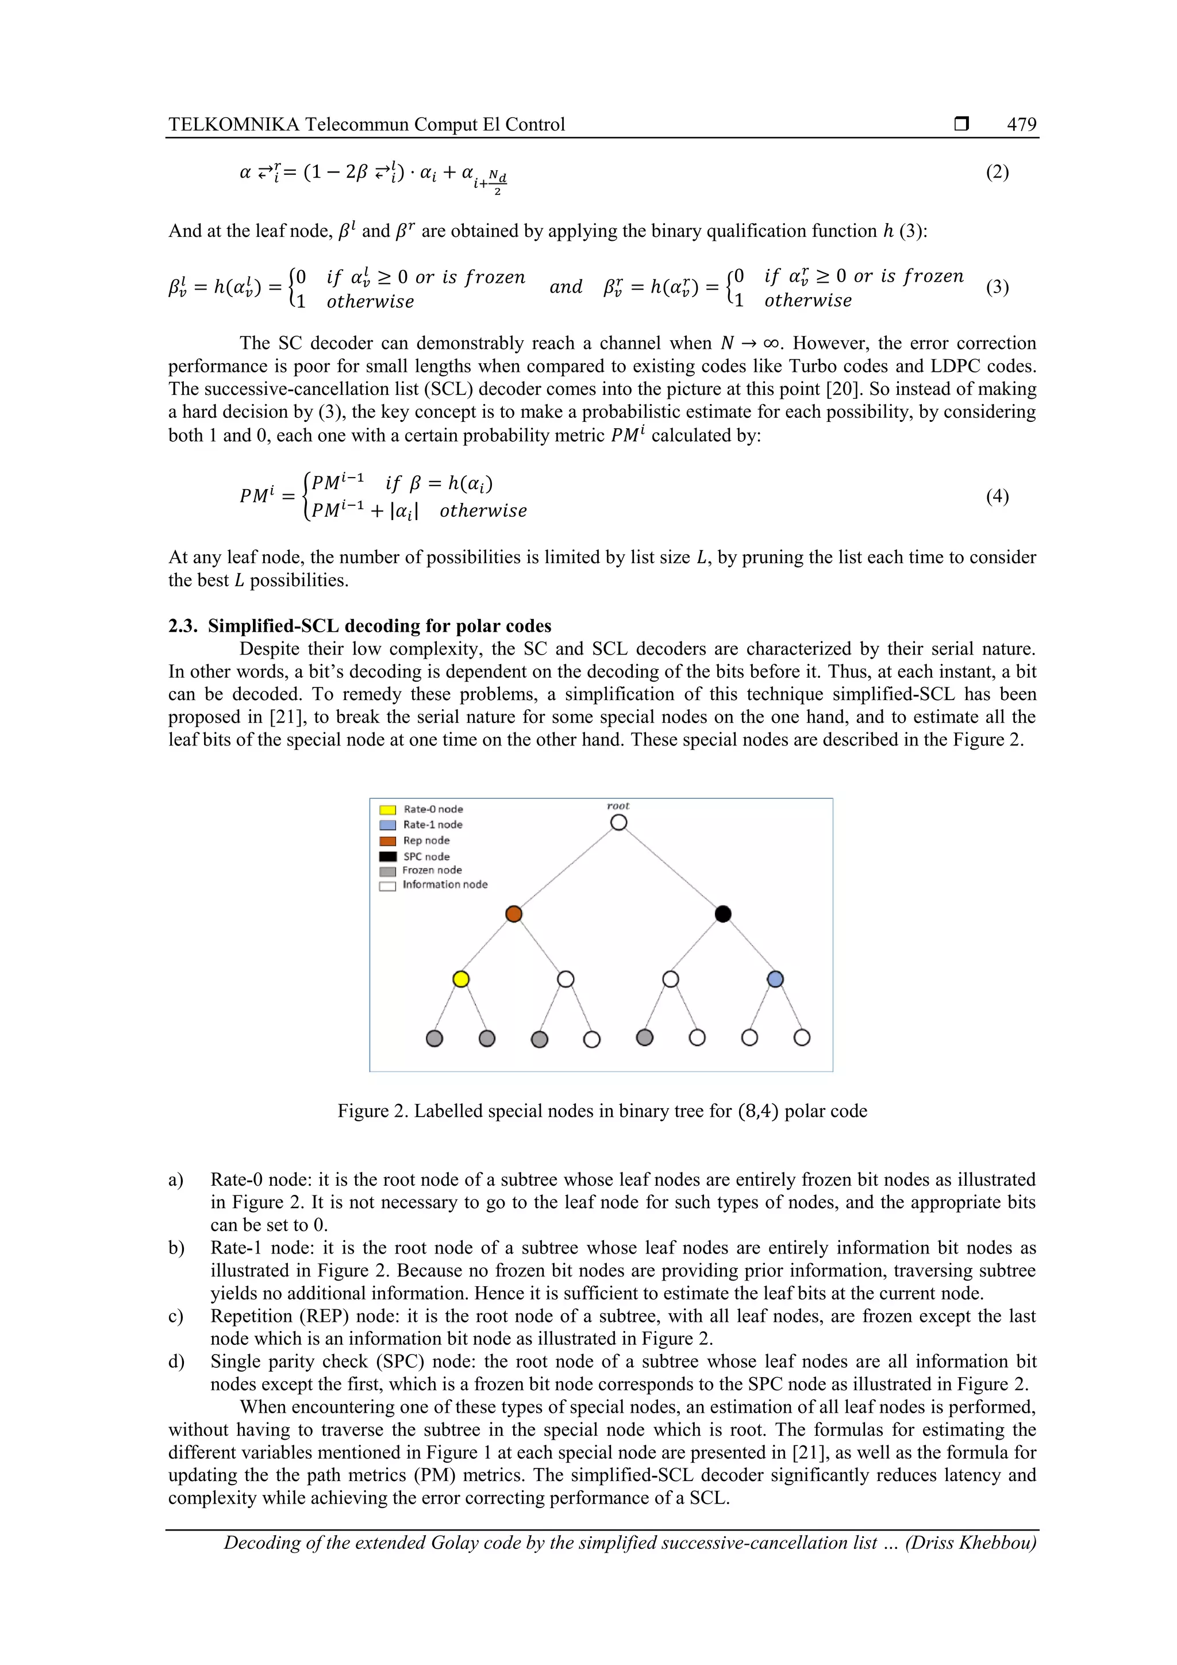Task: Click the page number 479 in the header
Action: click(x=1021, y=124)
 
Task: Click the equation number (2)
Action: click(x=997, y=172)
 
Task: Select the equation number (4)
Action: click(x=997, y=496)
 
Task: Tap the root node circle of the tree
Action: click(x=618, y=822)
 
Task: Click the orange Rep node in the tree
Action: click(x=513, y=914)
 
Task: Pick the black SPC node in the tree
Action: click(x=723, y=914)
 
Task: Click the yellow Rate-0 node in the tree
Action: click(x=460, y=979)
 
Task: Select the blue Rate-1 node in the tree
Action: click(x=775, y=979)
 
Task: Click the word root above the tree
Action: click(x=618, y=806)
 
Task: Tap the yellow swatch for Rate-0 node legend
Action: click(x=388, y=809)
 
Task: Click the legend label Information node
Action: click(x=445, y=885)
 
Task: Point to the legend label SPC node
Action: click(x=426, y=856)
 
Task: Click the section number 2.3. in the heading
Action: click(x=183, y=626)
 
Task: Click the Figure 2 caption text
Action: click(x=602, y=1111)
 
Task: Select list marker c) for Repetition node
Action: click(x=176, y=1316)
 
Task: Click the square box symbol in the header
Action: click(x=961, y=124)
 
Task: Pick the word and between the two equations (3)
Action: click(x=566, y=287)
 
